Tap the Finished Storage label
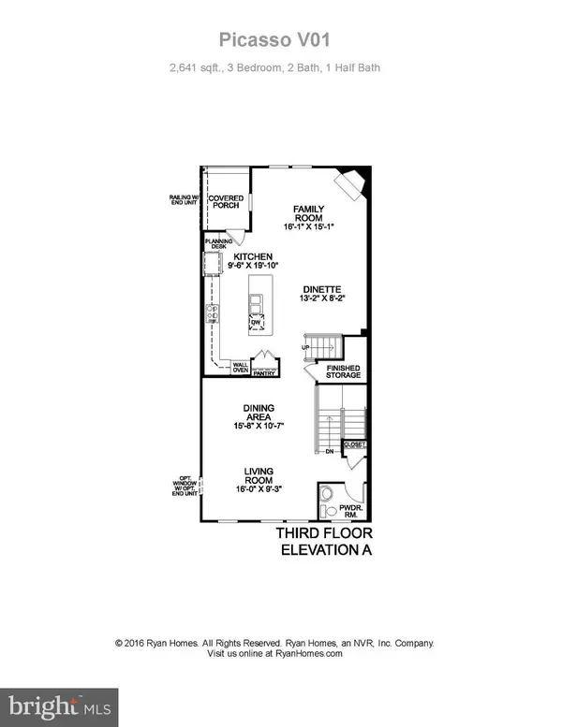click(343, 372)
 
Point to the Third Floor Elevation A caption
click(323, 542)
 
